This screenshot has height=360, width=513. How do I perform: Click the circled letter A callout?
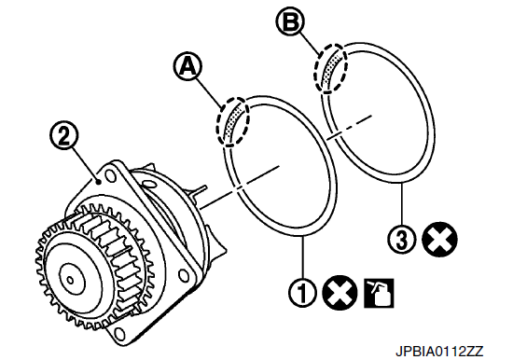(x=187, y=67)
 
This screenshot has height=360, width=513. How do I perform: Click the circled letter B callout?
(x=290, y=21)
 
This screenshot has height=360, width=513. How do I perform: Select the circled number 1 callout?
(x=303, y=292)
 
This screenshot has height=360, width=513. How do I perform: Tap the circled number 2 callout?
(x=64, y=136)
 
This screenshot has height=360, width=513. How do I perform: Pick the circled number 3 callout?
(x=402, y=240)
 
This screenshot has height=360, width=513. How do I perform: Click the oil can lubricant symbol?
(x=379, y=293)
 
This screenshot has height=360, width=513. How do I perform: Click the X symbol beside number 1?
(x=340, y=292)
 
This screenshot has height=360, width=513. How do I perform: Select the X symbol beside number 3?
(x=439, y=240)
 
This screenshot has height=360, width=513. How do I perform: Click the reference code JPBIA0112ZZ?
(x=439, y=352)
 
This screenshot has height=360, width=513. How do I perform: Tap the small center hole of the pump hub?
(x=70, y=280)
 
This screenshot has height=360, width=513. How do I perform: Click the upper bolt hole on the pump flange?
(x=112, y=176)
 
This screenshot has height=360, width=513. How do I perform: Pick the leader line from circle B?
(x=309, y=43)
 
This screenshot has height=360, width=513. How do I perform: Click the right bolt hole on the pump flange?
(x=184, y=274)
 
